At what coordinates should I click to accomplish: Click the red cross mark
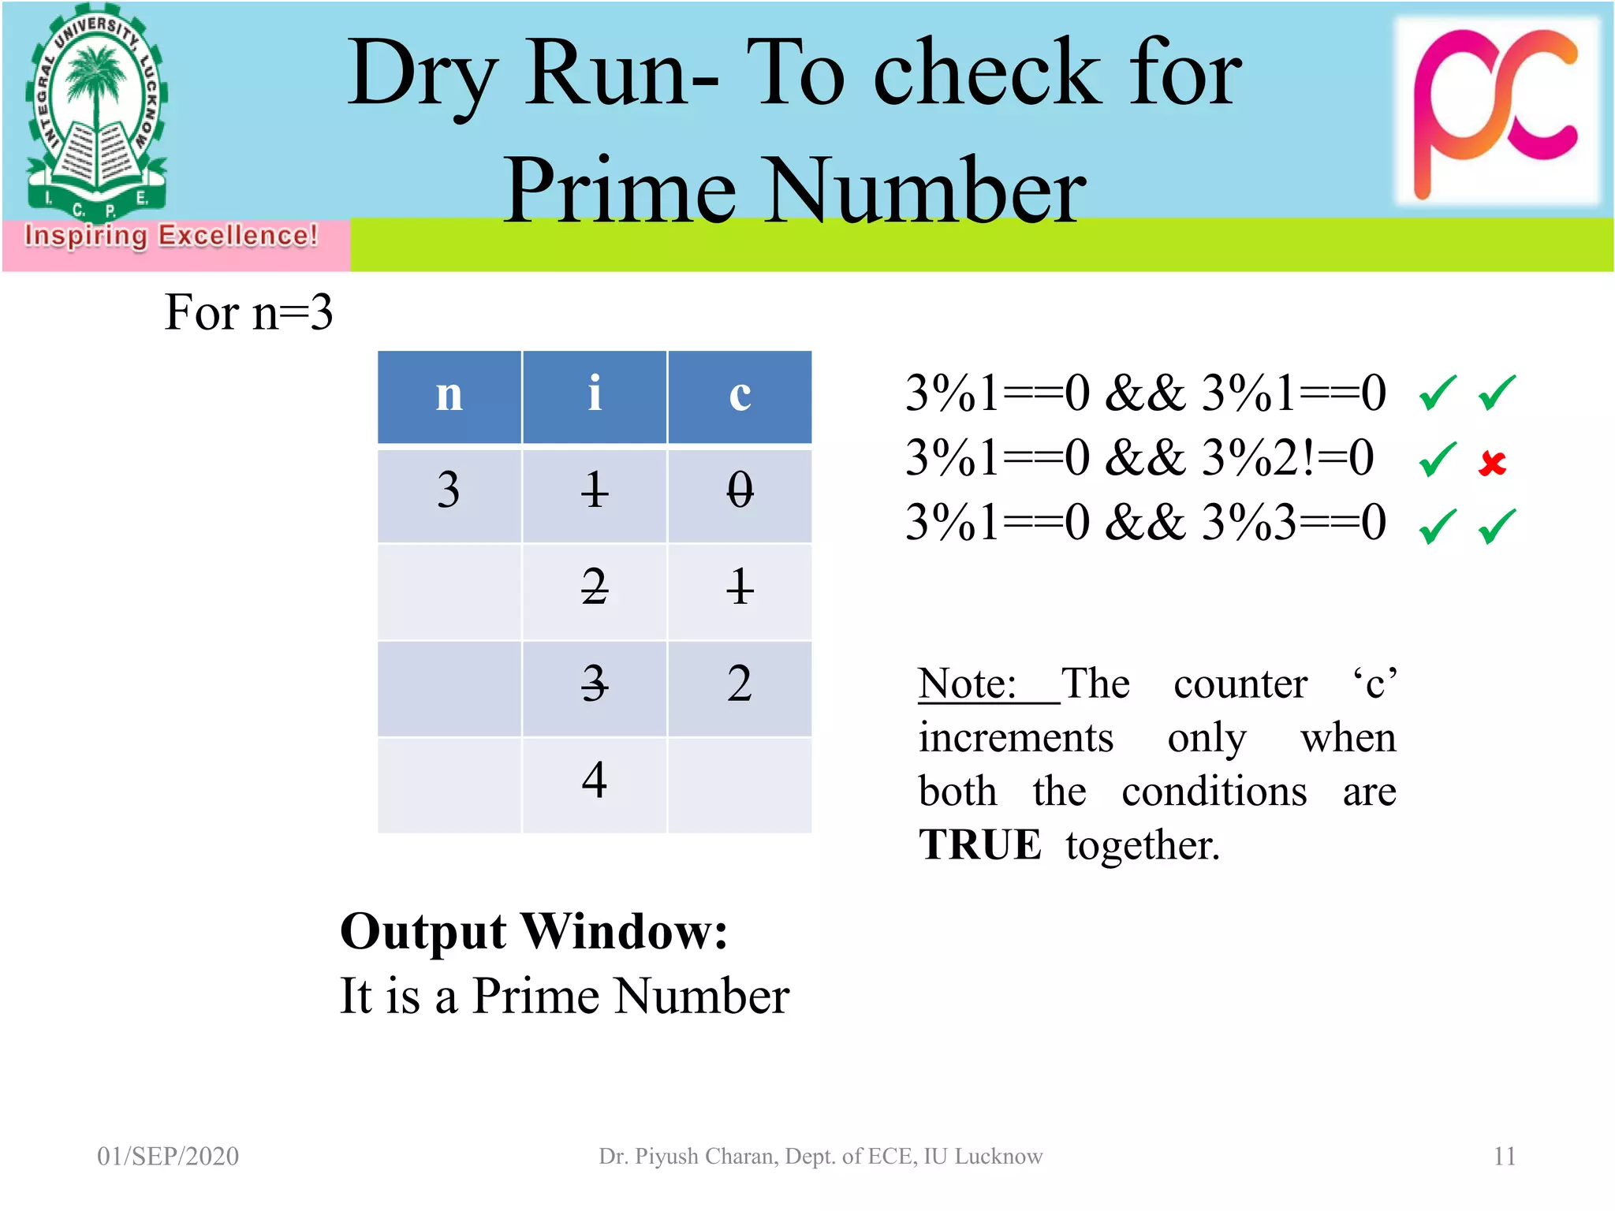click(1492, 463)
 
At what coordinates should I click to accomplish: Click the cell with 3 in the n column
click(449, 490)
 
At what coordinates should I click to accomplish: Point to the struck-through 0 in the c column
click(740, 490)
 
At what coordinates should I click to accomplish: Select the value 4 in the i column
click(595, 781)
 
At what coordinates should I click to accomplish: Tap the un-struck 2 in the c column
click(740, 684)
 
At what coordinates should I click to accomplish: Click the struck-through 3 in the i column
click(595, 684)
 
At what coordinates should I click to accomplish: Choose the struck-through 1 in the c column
click(740, 587)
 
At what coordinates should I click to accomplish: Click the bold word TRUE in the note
click(980, 845)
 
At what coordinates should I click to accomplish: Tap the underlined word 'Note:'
click(968, 684)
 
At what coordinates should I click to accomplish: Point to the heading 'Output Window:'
click(534, 932)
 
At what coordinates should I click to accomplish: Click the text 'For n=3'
click(248, 312)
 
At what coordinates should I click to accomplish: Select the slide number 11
click(1505, 1156)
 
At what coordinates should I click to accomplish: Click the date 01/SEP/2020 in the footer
click(168, 1156)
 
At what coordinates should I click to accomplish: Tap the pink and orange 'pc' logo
click(1496, 110)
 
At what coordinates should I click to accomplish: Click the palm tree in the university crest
click(96, 79)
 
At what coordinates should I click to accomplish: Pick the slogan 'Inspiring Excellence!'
click(171, 236)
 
